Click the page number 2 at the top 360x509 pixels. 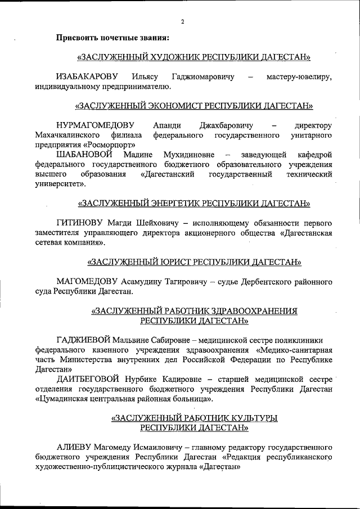[x=183, y=22]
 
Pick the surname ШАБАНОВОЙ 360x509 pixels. [x=85, y=154]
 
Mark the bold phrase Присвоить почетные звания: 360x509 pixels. [x=113, y=38]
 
